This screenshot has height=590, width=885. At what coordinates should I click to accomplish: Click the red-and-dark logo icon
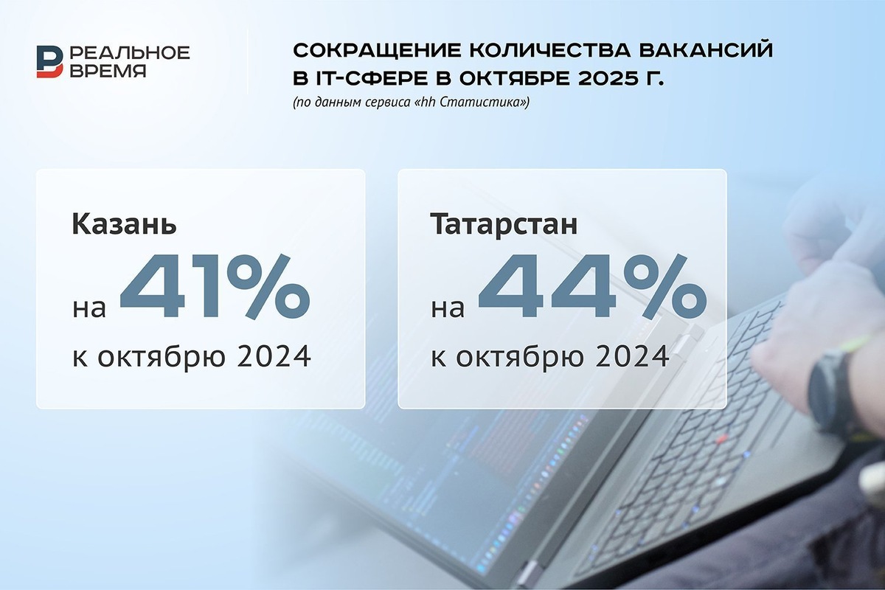[x=50, y=61]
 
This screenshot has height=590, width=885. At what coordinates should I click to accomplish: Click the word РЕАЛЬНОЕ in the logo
[x=129, y=52]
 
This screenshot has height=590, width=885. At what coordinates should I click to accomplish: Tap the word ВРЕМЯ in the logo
[x=108, y=71]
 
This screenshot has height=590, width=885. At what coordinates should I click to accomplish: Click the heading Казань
[x=124, y=223]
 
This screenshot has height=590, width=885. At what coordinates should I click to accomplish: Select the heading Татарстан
[x=503, y=223]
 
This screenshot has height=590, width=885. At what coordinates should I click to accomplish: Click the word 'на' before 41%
[x=89, y=308]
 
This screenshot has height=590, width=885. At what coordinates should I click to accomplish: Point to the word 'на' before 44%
[x=448, y=308]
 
